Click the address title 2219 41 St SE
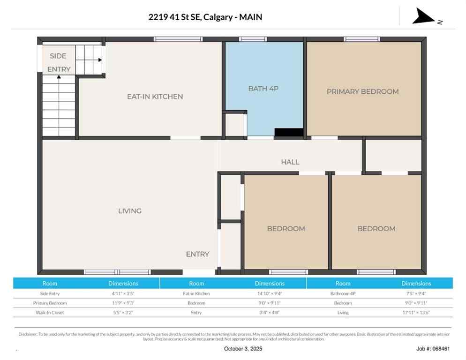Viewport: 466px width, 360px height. (x=205, y=17)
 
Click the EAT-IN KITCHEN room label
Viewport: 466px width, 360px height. (x=155, y=97)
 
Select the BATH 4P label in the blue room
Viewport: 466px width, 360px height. (x=263, y=88)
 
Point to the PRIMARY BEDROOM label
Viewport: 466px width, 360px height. (x=362, y=91)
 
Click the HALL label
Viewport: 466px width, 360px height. (x=290, y=162)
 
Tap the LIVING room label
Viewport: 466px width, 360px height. (x=130, y=211)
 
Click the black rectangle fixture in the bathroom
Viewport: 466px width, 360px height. (x=288, y=133)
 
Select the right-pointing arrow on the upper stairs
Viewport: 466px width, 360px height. (x=100, y=60)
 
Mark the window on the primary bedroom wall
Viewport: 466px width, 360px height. (x=361, y=39)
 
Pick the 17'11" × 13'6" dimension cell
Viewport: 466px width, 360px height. (x=416, y=313)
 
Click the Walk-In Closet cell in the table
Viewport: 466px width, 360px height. (x=50, y=313)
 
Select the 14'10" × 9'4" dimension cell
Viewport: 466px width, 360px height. (x=269, y=293)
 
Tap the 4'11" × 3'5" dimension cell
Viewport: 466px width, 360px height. (x=123, y=293)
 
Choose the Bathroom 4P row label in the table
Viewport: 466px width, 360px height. (x=343, y=293)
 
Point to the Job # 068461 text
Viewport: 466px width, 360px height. (x=433, y=349)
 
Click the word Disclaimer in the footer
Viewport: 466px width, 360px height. (x=28, y=334)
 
